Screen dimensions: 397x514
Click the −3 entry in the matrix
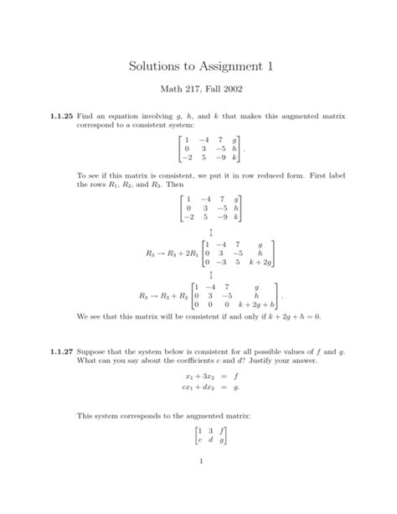(218, 261)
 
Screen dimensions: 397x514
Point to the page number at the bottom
(198, 486)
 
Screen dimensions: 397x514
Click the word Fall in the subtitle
(210, 91)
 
